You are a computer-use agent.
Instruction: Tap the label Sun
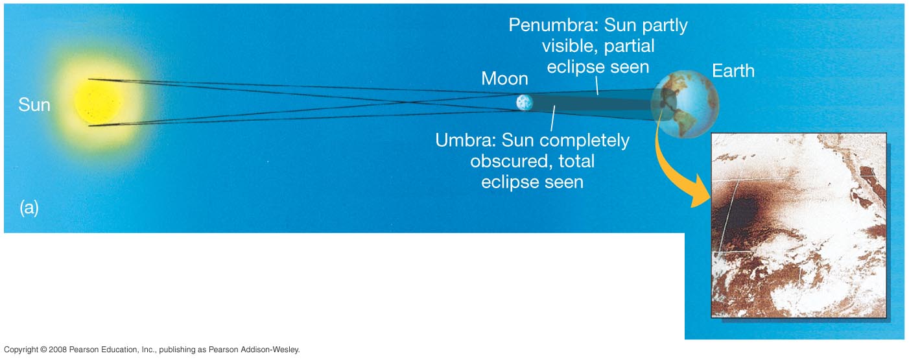point(34,105)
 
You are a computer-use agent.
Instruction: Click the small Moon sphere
point(525,102)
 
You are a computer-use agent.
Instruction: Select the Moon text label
point(504,78)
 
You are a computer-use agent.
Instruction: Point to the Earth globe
point(685,104)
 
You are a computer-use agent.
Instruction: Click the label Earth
point(733,71)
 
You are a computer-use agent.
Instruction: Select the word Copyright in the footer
point(21,350)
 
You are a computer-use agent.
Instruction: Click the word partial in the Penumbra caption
point(629,46)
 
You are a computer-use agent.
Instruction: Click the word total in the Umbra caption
point(576,162)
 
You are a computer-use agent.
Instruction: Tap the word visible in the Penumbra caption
point(570,46)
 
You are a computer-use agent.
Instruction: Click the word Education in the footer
point(120,350)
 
